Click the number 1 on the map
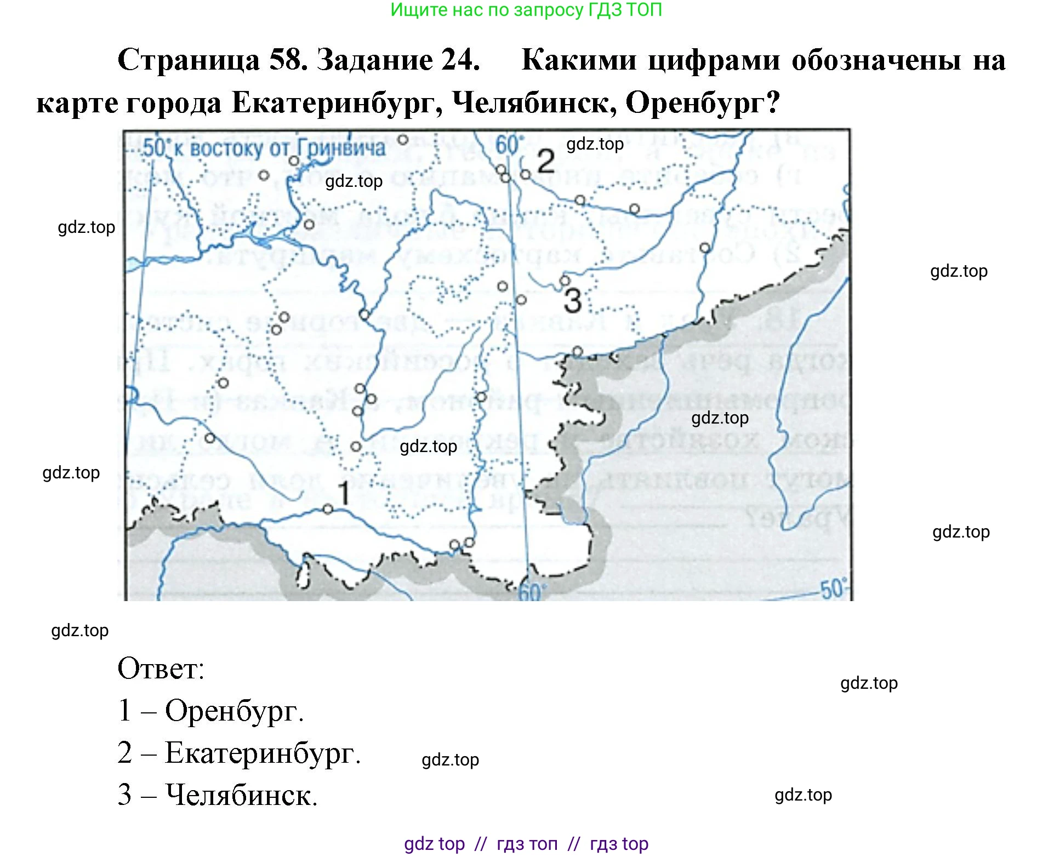344,493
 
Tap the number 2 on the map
545,162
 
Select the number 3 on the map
572,301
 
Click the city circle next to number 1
328,509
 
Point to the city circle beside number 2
525,174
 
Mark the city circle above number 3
565,281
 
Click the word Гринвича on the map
341,148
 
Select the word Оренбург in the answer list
234,711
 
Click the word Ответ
161,669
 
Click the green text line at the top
526,10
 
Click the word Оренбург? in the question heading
703,102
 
